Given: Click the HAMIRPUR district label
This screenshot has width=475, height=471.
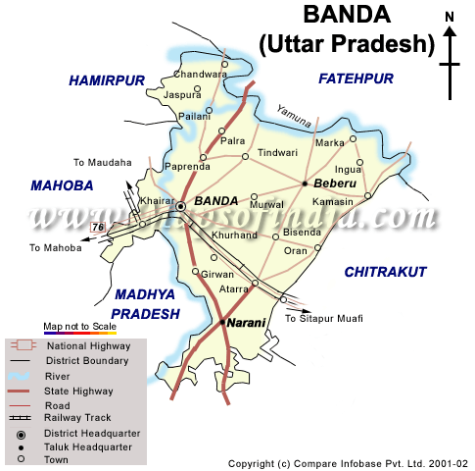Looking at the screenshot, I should click(106, 81).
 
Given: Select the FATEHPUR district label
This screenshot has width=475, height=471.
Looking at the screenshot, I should click(356, 78).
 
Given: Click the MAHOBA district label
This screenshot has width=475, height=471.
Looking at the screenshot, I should click(61, 184).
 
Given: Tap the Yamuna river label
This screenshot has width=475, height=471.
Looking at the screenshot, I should click(293, 117).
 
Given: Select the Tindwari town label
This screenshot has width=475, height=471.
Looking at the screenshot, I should click(276, 153).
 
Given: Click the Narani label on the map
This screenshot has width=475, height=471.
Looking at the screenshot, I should click(248, 321).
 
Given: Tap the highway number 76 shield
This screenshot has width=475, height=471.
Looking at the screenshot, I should click(97, 228).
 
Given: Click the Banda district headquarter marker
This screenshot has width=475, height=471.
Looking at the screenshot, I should click(181, 206).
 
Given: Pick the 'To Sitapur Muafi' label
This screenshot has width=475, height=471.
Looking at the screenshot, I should click(323, 319).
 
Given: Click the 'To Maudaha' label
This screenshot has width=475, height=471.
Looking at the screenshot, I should click(101, 163).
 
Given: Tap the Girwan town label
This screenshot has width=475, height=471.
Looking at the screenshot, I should click(217, 275).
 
